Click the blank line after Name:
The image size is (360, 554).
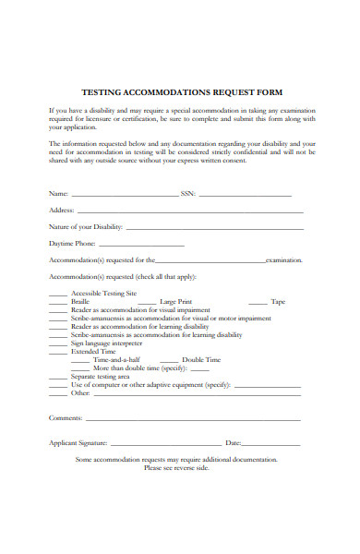click(125, 197)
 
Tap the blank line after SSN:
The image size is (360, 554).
click(245, 197)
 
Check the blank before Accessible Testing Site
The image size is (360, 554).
click(58, 295)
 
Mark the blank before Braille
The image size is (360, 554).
click(58, 303)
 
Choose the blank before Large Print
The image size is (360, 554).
click(145, 303)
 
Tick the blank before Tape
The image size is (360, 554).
click(258, 303)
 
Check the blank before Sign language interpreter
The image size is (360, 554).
click(58, 343)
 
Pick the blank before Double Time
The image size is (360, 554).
click(169, 360)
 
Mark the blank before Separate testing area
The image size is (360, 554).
click(58, 377)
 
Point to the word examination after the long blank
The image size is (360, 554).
click(283, 261)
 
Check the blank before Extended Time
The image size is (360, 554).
click(58, 352)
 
